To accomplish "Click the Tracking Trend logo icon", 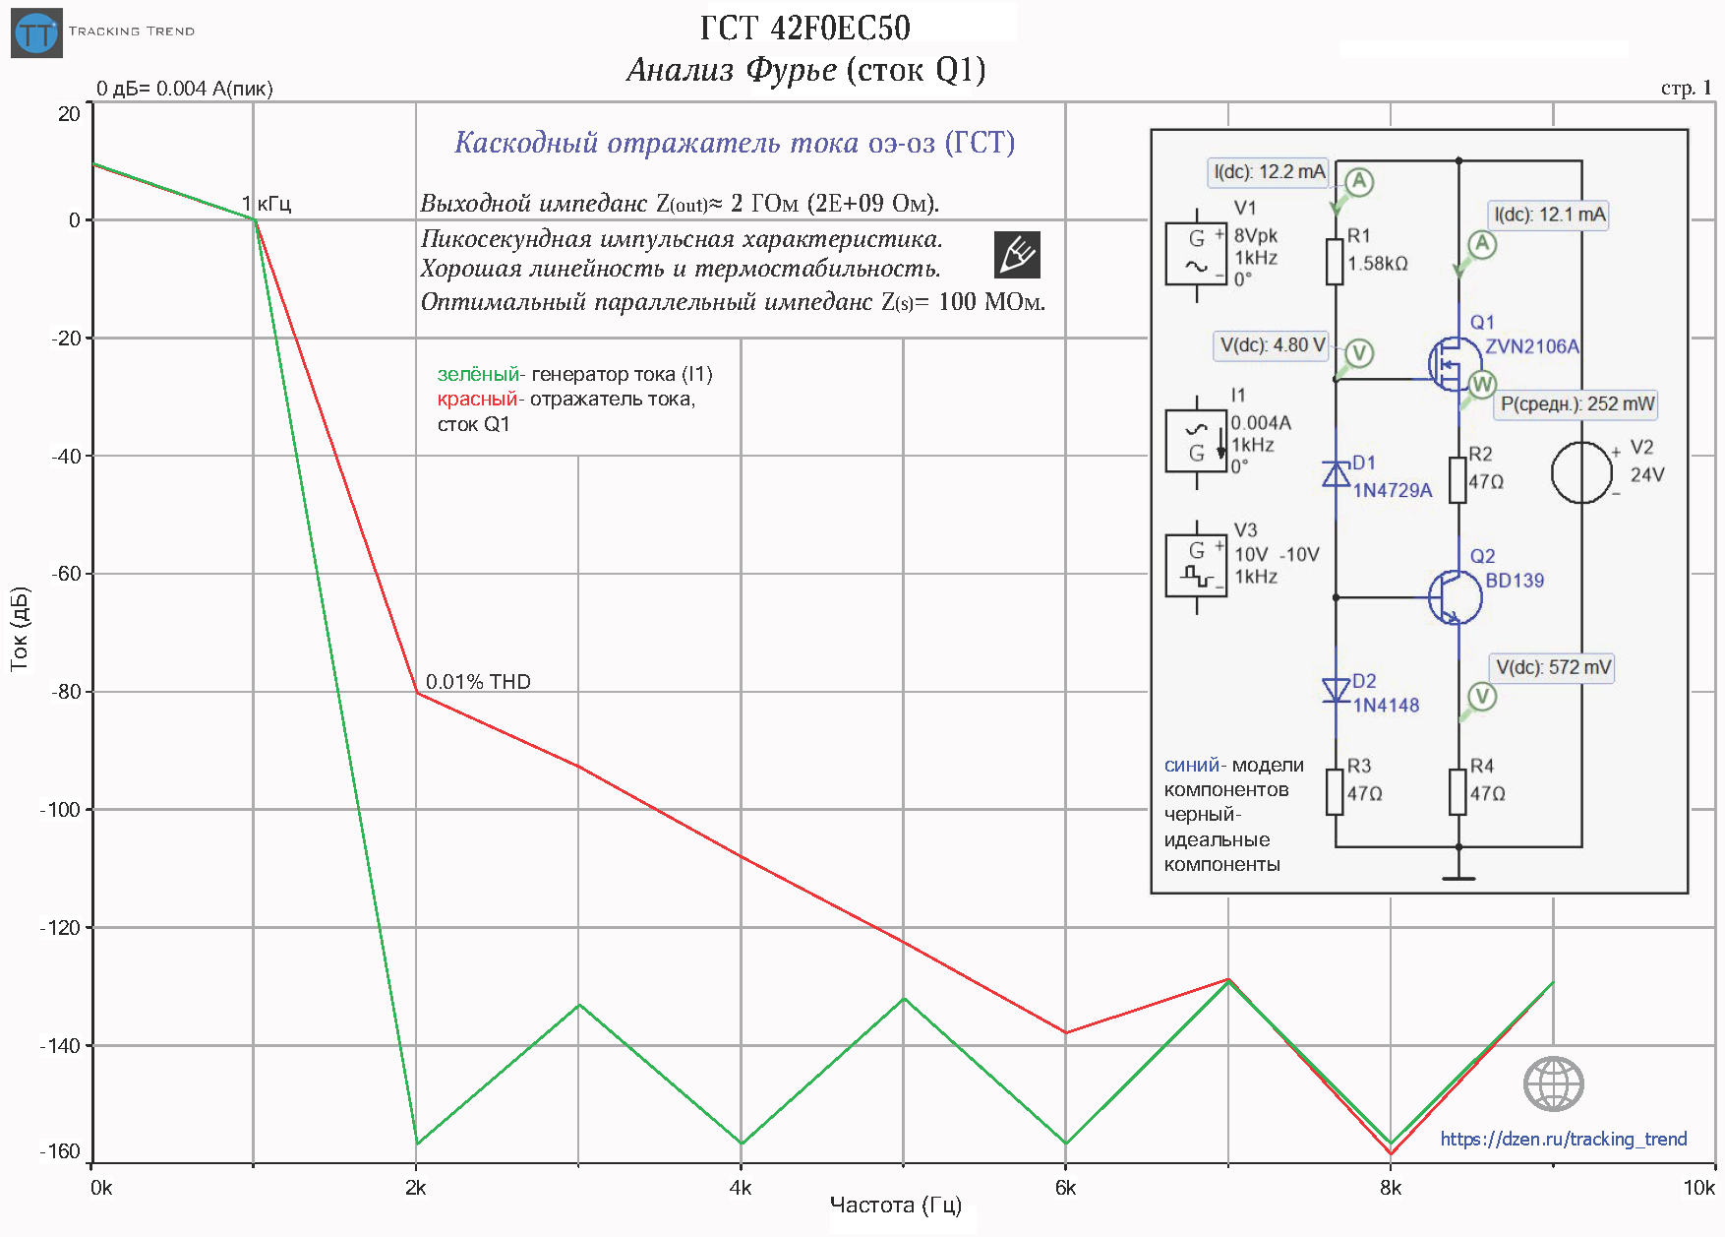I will (37, 33).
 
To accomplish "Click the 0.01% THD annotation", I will (478, 682).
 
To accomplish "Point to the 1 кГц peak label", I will (267, 204).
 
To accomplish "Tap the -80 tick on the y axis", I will (67, 692).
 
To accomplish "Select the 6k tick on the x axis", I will (1065, 1188).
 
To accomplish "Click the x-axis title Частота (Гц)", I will (895, 1206).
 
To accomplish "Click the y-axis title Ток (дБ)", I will (20, 630).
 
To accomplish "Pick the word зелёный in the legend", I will (478, 374).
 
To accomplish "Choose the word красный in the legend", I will (477, 399).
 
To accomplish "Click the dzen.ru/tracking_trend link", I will (1563, 1139).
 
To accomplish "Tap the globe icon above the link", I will (1553, 1084).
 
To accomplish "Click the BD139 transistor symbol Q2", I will (1455, 596).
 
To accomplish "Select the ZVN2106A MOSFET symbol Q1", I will (1453, 364).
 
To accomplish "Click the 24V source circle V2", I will (1581, 473).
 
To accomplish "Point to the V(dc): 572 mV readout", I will (1553, 667).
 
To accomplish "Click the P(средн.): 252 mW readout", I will (1576, 403).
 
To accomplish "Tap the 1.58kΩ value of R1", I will (1377, 264).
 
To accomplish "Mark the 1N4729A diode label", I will (1393, 490).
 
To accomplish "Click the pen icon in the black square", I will (1017, 255).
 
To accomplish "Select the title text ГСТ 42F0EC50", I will (804, 28).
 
